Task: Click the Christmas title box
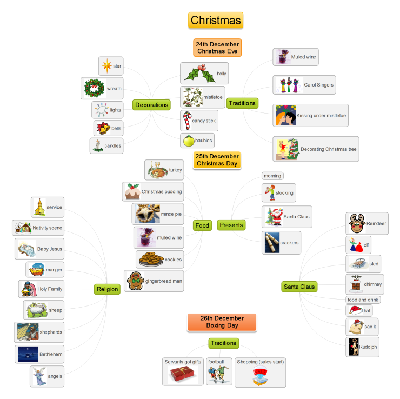(x=216, y=21)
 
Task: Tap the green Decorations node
(x=152, y=105)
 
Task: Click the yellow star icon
(x=106, y=66)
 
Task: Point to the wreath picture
(x=94, y=88)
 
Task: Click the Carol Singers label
(x=318, y=85)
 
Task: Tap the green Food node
(x=202, y=225)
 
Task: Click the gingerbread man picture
(x=135, y=281)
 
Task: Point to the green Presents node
(x=231, y=225)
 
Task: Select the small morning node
(x=272, y=176)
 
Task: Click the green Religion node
(x=107, y=289)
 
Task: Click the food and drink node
(x=363, y=300)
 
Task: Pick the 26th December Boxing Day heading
(x=222, y=322)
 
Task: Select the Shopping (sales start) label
(x=260, y=362)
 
